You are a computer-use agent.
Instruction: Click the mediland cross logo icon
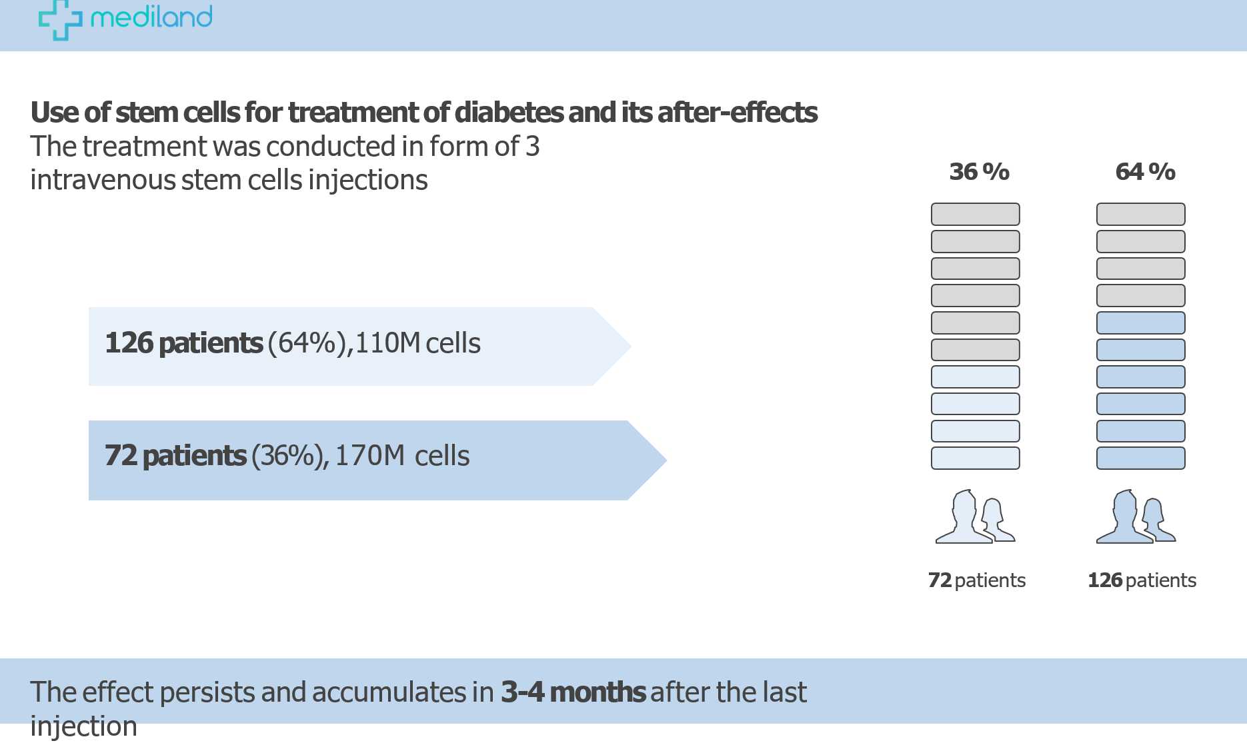(60, 19)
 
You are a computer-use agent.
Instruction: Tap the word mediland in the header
(151, 17)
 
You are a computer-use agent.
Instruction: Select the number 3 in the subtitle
(532, 147)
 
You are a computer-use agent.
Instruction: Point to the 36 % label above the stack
(979, 172)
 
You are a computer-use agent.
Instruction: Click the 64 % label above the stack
(1145, 172)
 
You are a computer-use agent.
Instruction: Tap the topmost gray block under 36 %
(975, 215)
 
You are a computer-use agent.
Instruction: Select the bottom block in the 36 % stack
(975, 458)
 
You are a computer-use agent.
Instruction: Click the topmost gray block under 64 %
(1140, 215)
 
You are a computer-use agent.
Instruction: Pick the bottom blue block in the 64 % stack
(1140, 458)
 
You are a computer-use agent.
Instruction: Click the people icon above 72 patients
(975, 518)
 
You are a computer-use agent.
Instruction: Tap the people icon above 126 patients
(1136, 518)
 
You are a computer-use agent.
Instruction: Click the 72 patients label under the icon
(976, 580)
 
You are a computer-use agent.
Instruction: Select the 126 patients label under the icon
(1142, 580)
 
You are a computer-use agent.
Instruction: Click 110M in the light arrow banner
(387, 343)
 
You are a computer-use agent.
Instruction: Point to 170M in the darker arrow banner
(369, 456)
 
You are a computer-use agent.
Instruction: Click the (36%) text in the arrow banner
(287, 456)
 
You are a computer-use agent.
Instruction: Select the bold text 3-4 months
(573, 692)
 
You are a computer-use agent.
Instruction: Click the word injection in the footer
(83, 726)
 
